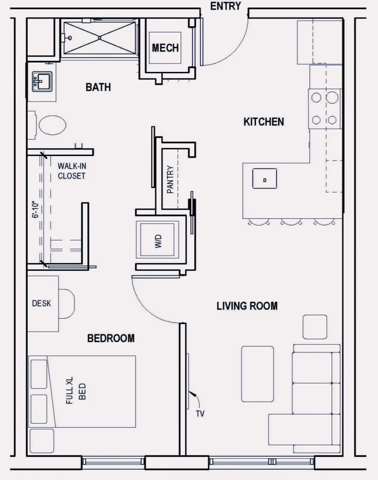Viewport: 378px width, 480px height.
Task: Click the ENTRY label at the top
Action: click(226, 6)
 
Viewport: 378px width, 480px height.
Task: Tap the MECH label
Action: click(165, 48)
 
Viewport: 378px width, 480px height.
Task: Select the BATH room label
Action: click(98, 87)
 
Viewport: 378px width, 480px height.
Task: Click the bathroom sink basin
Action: click(42, 82)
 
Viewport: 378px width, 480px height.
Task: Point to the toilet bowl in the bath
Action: click(52, 125)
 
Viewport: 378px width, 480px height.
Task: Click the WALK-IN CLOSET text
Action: click(72, 171)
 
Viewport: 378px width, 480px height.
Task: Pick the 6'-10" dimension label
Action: click(36, 210)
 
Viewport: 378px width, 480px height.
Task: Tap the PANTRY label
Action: click(170, 179)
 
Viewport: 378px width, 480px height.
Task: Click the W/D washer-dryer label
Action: click(158, 241)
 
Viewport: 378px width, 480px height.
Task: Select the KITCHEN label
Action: click(264, 122)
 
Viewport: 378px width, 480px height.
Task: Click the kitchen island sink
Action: click(265, 178)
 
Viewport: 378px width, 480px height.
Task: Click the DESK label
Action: click(42, 303)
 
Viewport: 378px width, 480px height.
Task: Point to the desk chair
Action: click(66, 304)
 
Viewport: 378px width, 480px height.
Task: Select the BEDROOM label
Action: click(111, 338)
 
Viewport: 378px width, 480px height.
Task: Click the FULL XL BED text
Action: click(76, 390)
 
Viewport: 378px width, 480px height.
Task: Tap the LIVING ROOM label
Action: click(247, 306)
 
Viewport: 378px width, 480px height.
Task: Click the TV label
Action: click(200, 414)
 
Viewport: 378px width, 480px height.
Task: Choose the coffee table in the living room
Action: click(258, 374)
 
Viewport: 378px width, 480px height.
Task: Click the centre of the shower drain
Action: click(100, 38)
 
